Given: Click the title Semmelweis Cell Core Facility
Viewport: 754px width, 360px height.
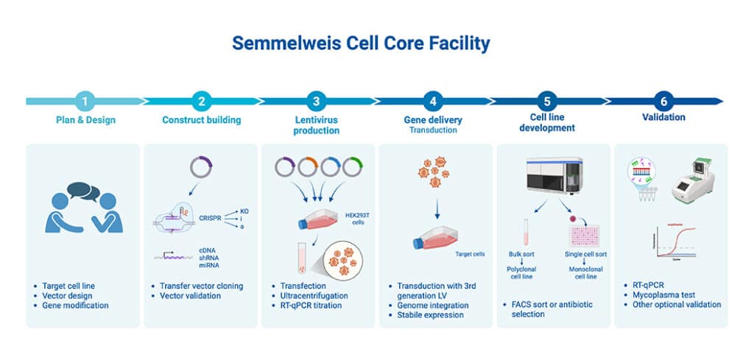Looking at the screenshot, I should [x=361, y=43].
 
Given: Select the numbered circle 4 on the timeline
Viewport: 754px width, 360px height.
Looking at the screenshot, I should [x=433, y=101].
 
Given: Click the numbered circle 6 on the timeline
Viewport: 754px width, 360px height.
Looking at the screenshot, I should [x=663, y=101].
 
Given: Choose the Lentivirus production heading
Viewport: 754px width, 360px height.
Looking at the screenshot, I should [x=316, y=125].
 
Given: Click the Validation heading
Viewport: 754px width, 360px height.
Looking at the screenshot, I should [x=663, y=117].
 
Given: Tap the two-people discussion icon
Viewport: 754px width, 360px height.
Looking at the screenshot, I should [x=82, y=208].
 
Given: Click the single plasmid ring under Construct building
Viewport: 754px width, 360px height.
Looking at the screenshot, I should [x=200, y=168].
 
